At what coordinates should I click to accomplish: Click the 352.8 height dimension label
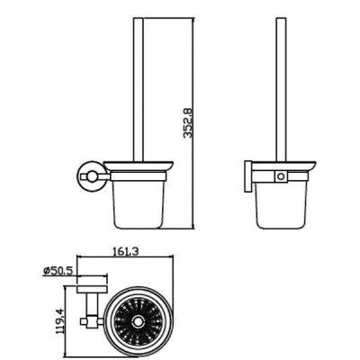(187, 123)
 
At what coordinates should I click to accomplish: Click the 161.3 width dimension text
(125, 251)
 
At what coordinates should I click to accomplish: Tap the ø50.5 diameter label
(58, 271)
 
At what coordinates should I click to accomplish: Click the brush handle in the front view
(139, 90)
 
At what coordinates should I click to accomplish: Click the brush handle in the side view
(281, 90)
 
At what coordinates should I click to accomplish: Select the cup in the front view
(139, 204)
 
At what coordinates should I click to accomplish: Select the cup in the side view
(281, 204)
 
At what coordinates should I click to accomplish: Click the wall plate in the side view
(247, 176)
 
